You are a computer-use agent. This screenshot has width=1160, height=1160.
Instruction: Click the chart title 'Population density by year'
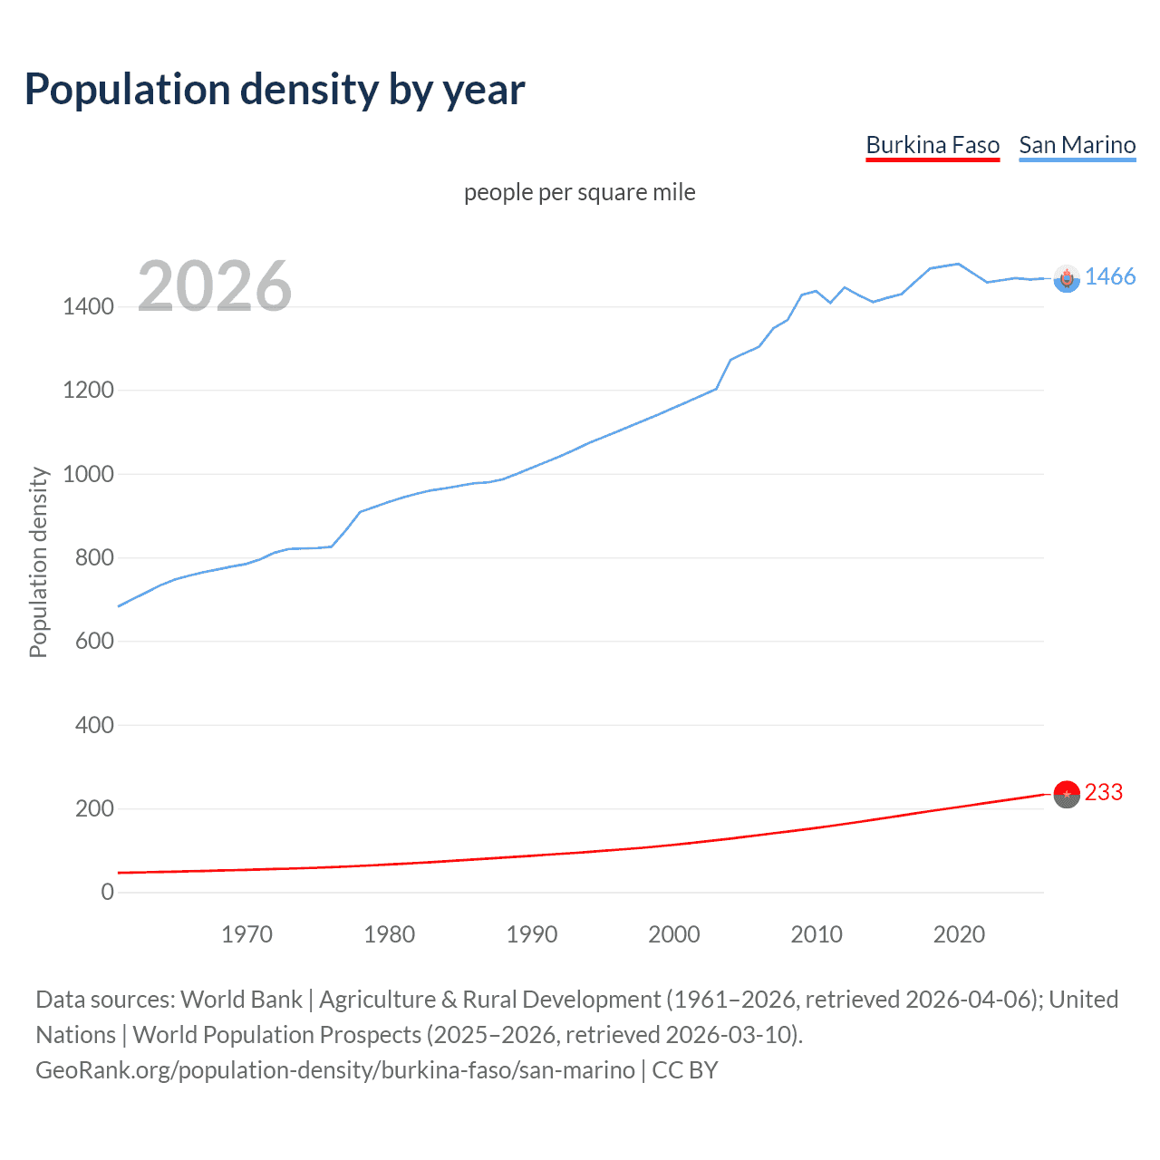275,90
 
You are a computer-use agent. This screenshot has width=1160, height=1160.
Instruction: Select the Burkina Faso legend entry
933,145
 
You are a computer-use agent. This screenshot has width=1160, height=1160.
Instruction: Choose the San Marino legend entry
1077,145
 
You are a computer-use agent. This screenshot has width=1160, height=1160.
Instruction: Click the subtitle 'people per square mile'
579,193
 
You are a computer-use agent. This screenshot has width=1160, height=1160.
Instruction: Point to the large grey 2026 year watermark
215,286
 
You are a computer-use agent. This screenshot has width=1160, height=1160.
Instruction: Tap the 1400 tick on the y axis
88,307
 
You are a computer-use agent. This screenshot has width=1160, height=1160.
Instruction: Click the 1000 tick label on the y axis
88,474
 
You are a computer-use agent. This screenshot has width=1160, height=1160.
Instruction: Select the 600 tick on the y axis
94,642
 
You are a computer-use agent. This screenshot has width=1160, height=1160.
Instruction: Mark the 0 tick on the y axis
107,892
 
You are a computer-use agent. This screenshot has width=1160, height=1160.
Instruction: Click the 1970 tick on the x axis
246,934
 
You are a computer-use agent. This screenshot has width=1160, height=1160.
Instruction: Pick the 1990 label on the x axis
532,934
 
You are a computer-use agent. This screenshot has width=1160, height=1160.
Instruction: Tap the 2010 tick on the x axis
817,934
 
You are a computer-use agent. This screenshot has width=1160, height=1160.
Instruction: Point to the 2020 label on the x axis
959,934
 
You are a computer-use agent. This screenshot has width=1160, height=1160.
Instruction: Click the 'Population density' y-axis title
38,562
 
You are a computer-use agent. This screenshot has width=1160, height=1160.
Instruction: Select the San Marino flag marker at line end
1067,279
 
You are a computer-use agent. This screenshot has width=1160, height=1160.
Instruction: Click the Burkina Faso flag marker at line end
1067,794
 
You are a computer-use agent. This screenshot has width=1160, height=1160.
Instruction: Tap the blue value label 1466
1109,277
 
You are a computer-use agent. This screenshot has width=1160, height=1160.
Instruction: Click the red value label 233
1103,793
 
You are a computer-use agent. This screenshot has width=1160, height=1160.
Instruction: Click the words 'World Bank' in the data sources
241,1000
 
